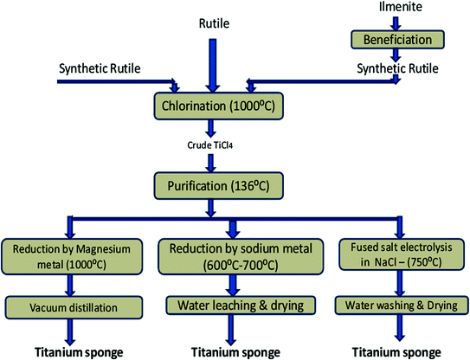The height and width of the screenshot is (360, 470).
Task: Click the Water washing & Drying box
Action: [398, 305]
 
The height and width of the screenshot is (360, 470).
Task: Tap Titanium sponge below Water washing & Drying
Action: [398, 351]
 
